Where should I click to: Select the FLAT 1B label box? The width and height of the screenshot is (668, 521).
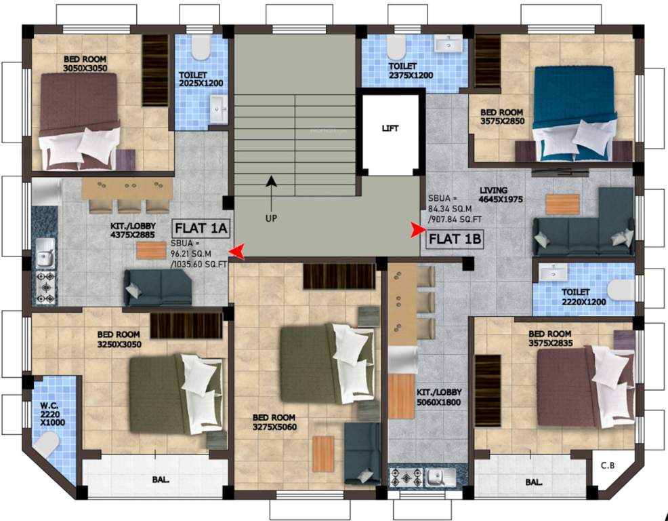(454, 238)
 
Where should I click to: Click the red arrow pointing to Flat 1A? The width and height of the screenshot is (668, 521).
(236, 252)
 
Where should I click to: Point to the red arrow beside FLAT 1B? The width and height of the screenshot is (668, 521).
(415, 231)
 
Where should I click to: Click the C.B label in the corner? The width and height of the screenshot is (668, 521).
(607, 465)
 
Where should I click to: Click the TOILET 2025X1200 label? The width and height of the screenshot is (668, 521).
(201, 79)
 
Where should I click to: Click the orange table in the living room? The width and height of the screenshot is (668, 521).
(562, 204)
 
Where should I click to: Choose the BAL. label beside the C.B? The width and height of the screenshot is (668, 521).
(534, 482)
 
